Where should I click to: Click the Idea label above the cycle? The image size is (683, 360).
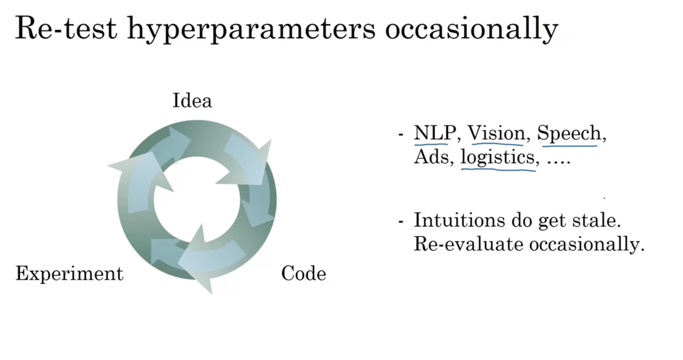point(192,101)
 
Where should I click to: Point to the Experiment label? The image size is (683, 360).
point(69,274)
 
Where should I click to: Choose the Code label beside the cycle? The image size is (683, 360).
point(304,274)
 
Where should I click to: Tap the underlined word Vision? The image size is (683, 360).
point(497,133)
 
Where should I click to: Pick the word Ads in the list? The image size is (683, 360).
point(431,157)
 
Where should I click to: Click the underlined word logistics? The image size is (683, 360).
point(498,157)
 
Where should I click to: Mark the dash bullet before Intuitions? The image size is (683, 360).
point(401,222)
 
